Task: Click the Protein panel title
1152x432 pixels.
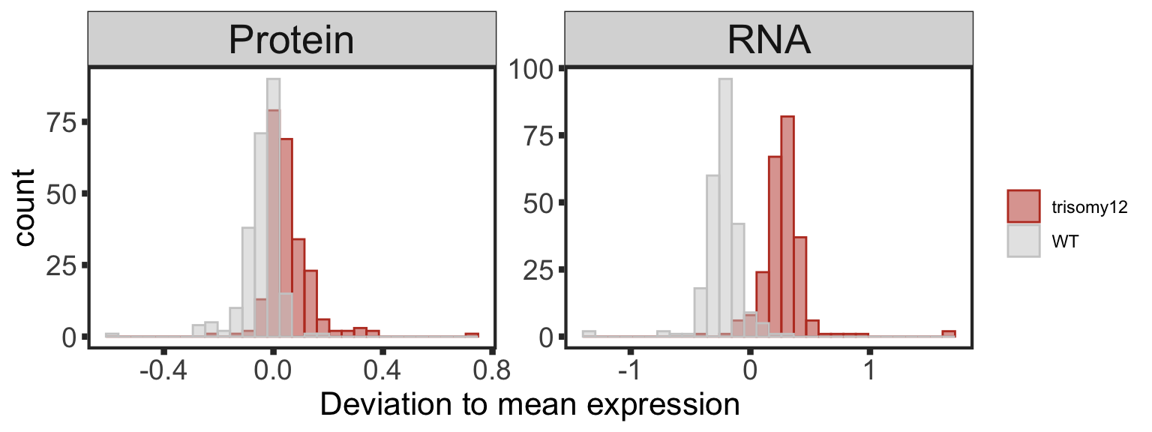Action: (291, 40)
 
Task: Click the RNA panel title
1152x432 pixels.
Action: (769, 40)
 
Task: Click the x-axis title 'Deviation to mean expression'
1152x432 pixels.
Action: (530, 405)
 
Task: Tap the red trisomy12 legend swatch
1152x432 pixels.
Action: (1023, 207)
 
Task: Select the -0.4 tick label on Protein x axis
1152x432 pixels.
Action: (163, 370)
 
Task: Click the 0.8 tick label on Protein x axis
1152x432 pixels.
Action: (493, 370)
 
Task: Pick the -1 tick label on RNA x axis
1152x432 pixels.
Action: (631, 370)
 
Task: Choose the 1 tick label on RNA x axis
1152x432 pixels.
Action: (868, 370)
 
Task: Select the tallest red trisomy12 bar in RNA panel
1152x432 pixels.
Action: (787, 225)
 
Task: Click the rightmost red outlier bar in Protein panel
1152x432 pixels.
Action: (472, 334)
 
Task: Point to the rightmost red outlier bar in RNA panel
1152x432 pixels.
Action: (949, 334)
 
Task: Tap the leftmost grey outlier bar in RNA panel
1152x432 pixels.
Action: (589, 334)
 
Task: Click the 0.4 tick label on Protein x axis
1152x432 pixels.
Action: (382, 370)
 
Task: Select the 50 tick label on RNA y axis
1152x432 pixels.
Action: (538, 202)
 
